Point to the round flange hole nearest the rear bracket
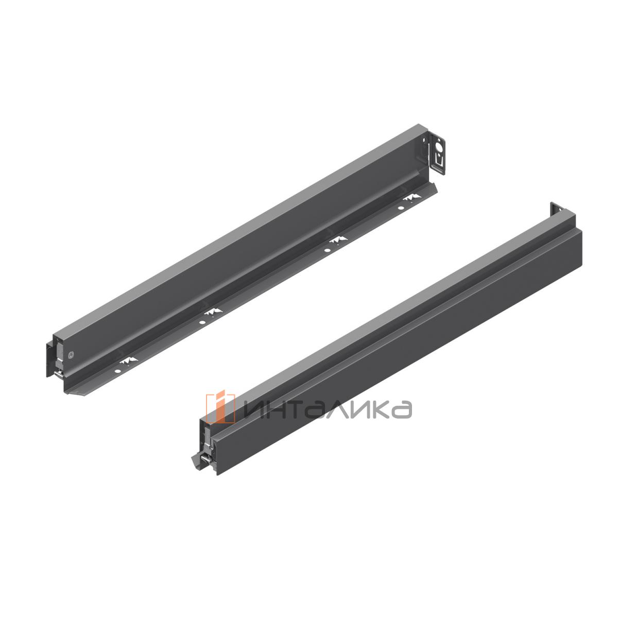(x=400, y=208)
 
